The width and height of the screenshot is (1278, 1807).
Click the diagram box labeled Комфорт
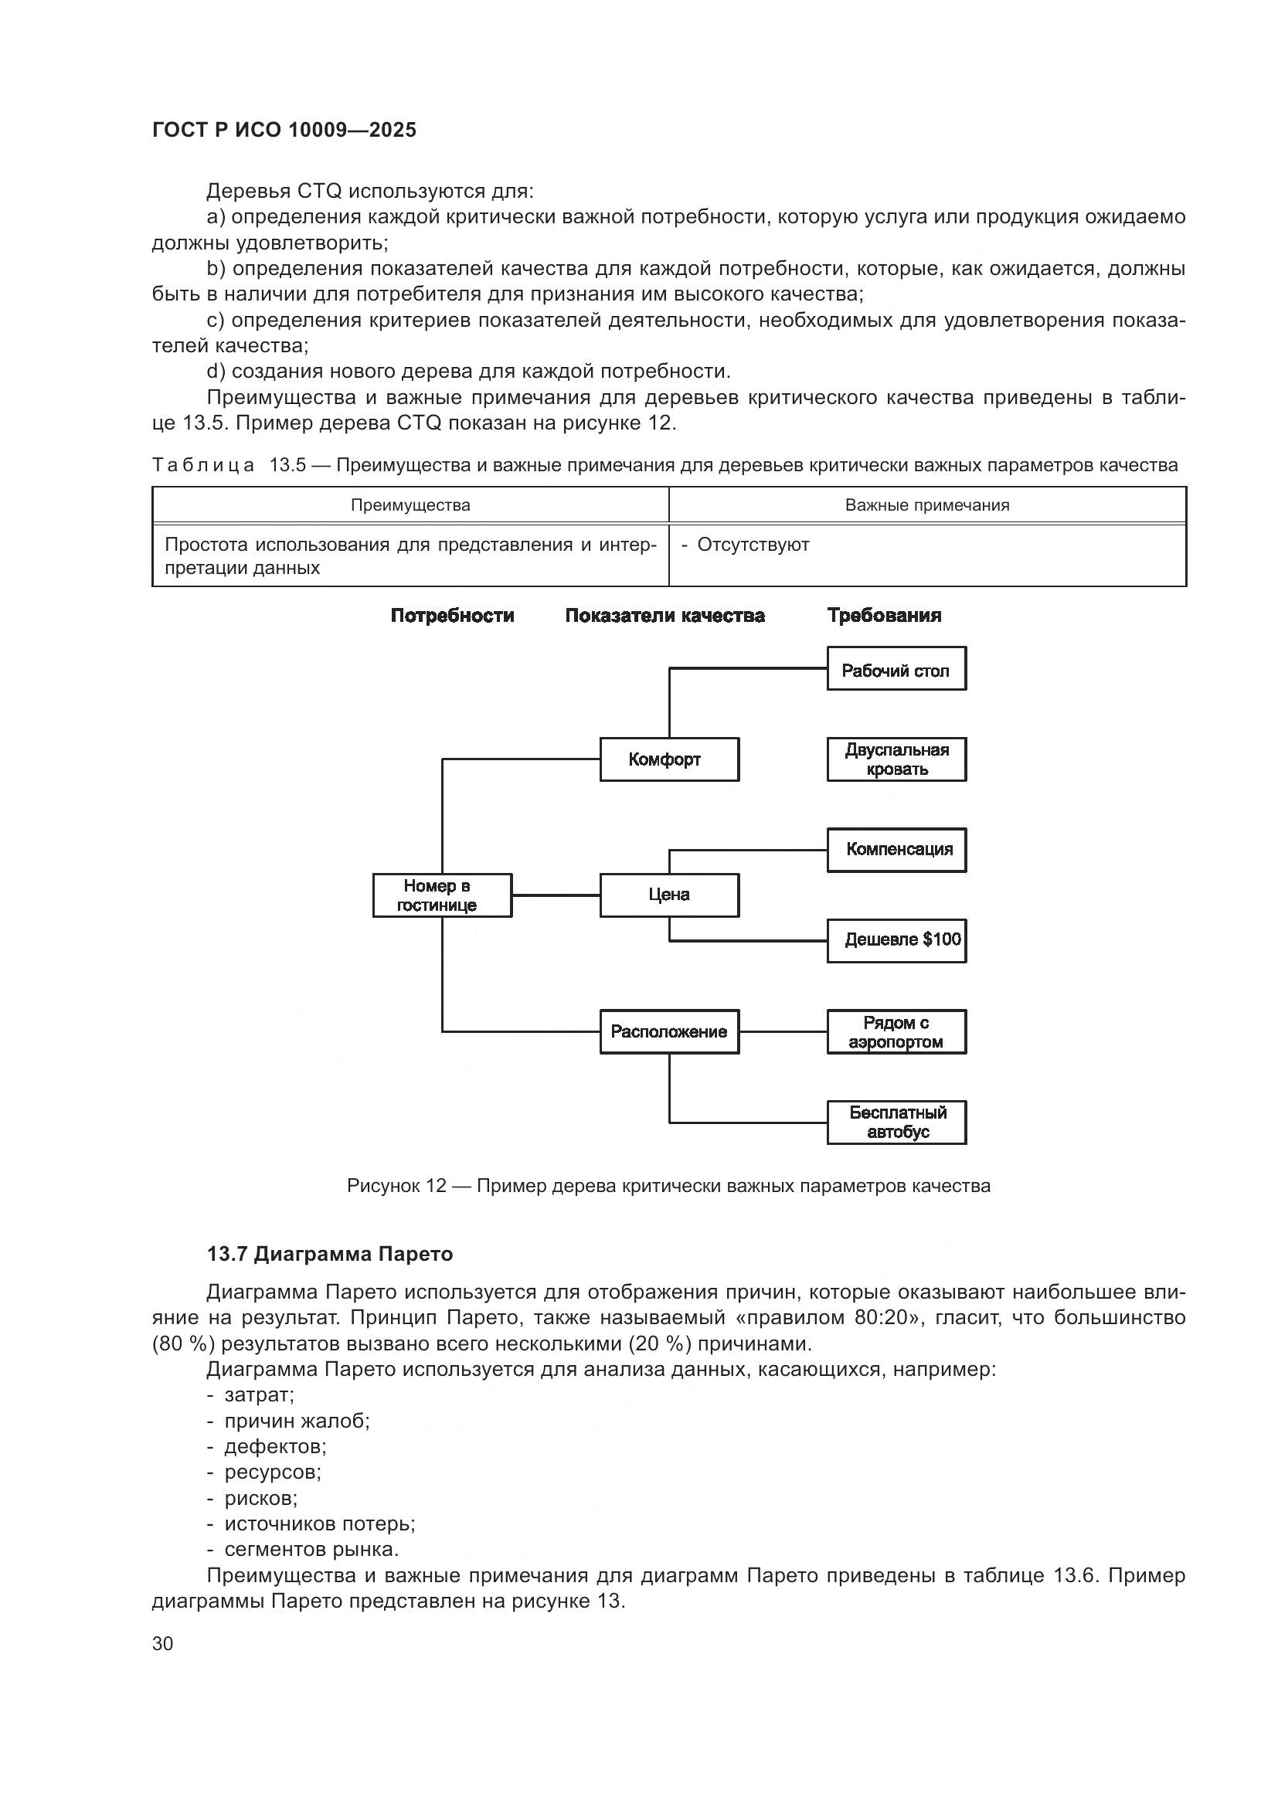[669, 759]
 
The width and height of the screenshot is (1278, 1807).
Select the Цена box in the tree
[669, 895]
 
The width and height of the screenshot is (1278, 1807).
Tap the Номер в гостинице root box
[441, 895]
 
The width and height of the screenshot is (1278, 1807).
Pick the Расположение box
[669, 1032]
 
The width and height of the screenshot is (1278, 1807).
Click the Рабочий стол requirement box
[896, 669]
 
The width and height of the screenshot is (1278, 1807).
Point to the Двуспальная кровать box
[896, 759]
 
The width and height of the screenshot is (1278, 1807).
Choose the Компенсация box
[896, 850]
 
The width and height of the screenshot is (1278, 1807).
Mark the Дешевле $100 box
[896, 940]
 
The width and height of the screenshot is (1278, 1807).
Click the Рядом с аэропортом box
[896, 1032]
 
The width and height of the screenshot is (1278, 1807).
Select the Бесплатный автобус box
[896, 1123]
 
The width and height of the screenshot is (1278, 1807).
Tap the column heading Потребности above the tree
[453, 616]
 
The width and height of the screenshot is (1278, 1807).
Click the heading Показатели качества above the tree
[665, 616]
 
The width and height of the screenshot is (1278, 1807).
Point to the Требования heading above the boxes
[884, 616]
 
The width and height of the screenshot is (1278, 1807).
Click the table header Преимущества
[410, 505]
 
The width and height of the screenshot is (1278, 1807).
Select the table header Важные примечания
[927, 505]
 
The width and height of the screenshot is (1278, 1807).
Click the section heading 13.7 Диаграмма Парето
[330, 1254]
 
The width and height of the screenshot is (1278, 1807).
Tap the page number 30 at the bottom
[163, 1643]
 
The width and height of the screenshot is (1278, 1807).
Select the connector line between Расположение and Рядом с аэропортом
[783, 1032]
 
